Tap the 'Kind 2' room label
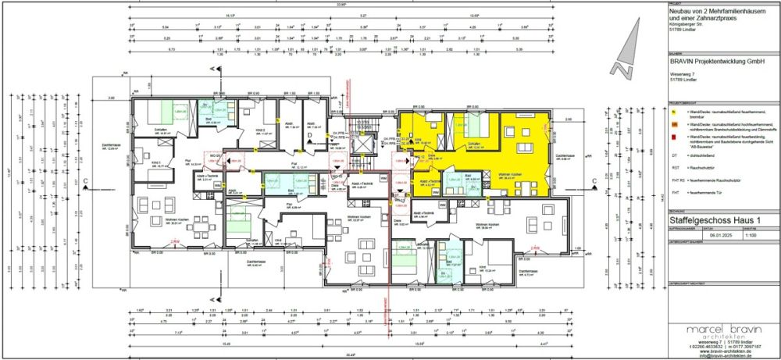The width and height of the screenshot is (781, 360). (x=265, y=130)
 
